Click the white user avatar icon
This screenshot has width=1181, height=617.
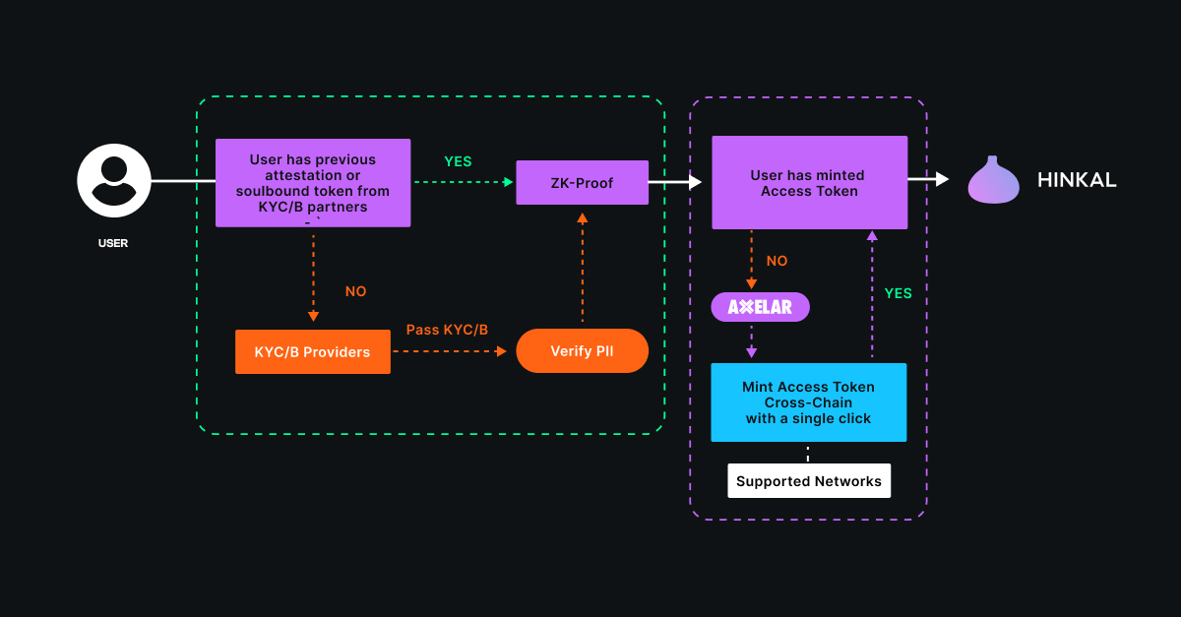tap(114, 181)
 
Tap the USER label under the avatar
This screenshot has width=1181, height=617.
tap(113, 243)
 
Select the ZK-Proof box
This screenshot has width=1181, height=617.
tap(582, 182)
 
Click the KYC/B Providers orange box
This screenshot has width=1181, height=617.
tap(312, 352)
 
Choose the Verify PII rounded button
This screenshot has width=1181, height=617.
tap(582, 350)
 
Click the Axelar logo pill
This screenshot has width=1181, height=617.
tap(760, 307)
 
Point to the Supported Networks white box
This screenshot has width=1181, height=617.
tap(809, 481)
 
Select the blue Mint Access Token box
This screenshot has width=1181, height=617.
tap(808, 401)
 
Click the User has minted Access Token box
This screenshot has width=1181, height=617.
tap(809, 183)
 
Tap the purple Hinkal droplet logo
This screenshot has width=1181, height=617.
tap(993, 180)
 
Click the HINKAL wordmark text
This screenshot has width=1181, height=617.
tap(1077, 180)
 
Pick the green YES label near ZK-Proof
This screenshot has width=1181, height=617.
tap(458, 161)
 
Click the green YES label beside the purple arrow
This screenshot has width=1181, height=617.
tap(898, 293)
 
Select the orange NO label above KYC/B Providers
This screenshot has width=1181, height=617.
tap(355, 291)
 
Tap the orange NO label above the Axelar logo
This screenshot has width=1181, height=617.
tap(777, 262)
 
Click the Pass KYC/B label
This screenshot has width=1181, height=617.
tap(447, 329)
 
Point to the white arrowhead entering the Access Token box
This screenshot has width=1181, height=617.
tap(694, 182)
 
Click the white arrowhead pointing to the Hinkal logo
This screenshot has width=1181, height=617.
tap(942, 179)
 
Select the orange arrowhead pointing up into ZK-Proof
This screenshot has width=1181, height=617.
tap(582, 217)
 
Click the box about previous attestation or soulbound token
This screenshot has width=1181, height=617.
tap(313, 183)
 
